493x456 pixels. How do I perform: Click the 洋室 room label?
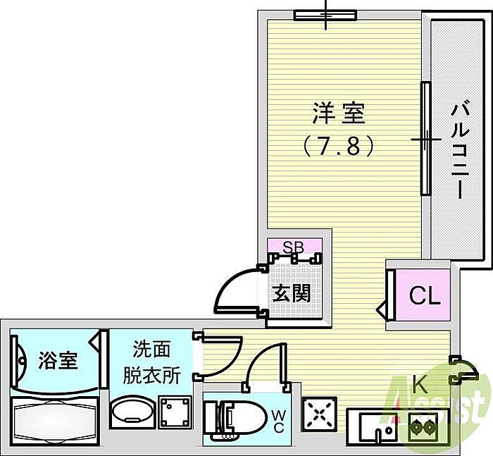point(339,113)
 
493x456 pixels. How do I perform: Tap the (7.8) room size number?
point(339,146)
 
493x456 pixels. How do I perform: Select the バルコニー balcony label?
point(461,149)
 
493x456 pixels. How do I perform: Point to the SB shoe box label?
point(294,247)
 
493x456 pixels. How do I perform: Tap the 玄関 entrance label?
point(292,292)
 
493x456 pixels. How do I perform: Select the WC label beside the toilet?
point(278,421)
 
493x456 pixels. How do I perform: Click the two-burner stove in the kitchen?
point(425,425)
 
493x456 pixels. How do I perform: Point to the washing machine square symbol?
point(175,411)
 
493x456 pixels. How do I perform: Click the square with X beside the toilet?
point(319,414)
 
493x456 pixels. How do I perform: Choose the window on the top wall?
point(325,15)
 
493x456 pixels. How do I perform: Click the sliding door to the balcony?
point(425,138)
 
